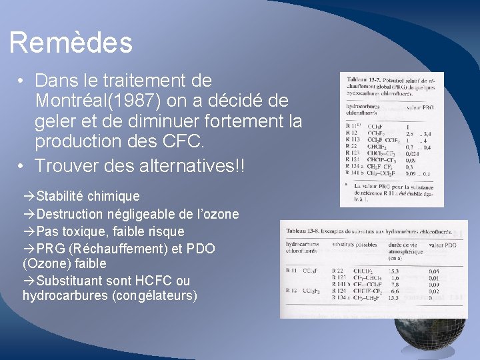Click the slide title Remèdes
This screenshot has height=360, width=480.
pyautogui.click(x=71, y=43)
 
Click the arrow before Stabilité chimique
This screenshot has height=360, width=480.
pyautogui.click(x=29, y=196)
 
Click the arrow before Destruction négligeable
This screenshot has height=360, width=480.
pyautogui.click(x=29, y=214)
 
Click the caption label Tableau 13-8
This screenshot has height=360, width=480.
pyautogui.click(x=303, y=230)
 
